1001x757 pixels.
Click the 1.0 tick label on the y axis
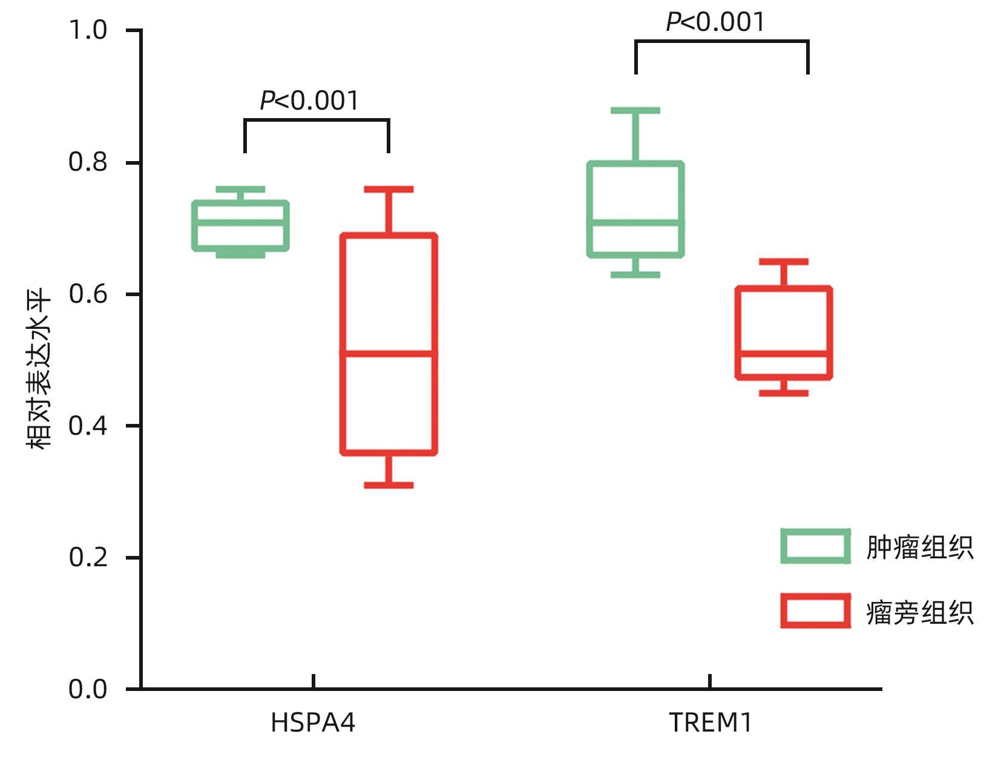click(x=88, y=30)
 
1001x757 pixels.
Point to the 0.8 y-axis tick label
click(x=88, y=162)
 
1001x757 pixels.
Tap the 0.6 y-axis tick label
click(x=88, y=294)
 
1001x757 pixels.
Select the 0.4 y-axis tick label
click(x=88, y=426)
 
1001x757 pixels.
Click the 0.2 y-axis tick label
click(x=88, y=557)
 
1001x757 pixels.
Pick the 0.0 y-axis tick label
click(x=88, y=689)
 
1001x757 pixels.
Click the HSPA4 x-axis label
click(x=313, y=723)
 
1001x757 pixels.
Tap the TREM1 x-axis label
click(x=711, y=723)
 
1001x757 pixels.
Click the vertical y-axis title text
click(x=39, y=369)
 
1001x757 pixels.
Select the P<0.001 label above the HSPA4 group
click(x=309, y=101)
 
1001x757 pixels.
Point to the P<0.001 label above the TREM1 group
click(x=715, y=22)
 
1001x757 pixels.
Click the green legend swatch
click(x=815, y=546)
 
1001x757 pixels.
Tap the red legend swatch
click(x=815, y=610)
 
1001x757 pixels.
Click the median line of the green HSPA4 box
click(x=240, y=222)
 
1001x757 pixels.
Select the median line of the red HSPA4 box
click(x=389, y=353)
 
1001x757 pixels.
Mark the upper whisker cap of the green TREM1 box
click(x=635, y=110)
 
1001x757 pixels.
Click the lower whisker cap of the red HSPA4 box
click(x=389, y=485)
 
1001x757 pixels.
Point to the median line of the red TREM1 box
click(x=784, y=353)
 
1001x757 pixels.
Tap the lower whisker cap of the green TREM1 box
click(x=635, y=275)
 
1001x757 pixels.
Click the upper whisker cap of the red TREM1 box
click(x=784, y=262)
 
